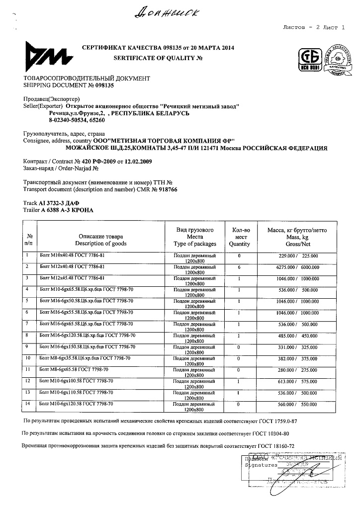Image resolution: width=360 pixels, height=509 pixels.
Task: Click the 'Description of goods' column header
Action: click(101, 244)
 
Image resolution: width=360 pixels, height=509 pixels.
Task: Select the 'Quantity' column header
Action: click(239, 244)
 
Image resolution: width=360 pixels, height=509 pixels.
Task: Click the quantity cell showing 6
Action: click(239, 267)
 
